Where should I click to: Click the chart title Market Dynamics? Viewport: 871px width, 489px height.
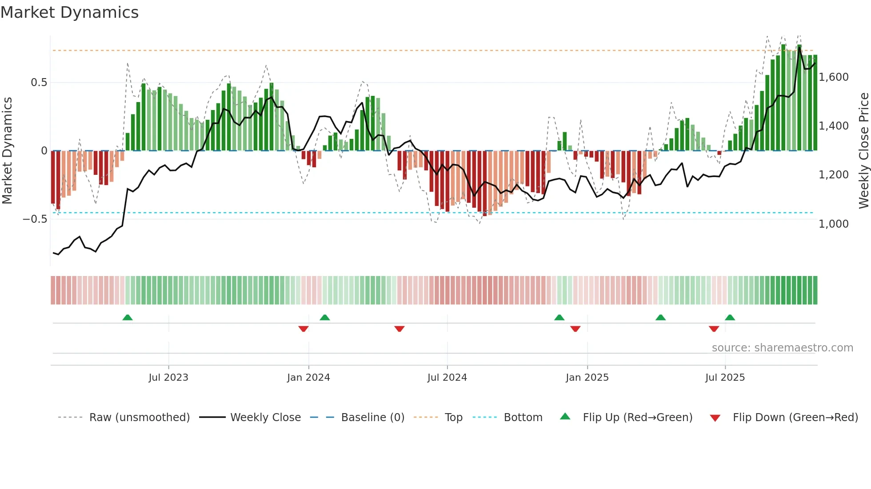coord(69,12)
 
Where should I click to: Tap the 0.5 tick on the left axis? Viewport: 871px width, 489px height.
coord(39,83)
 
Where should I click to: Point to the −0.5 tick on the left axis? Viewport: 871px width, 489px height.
coord(35,219)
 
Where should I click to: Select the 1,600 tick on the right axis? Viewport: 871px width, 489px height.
coord(834,77)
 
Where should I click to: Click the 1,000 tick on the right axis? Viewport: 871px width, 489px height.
coord(834,224)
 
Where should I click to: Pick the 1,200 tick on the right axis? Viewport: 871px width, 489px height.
coord(834,175)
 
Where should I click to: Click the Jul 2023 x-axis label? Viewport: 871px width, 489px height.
coord(168,378)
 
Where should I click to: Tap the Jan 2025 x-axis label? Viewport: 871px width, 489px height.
coord(587,378)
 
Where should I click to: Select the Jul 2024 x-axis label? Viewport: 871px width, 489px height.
coord(447,378)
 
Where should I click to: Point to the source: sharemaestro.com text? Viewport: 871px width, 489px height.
coord(782,348)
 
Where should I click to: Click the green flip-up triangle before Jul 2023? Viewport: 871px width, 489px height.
coord(128,317)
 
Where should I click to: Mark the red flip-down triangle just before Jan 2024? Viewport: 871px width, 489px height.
coord(304,329)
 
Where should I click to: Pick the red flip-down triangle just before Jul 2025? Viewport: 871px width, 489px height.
coord(714,329)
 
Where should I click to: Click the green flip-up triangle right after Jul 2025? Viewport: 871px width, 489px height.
coord(730,317)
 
